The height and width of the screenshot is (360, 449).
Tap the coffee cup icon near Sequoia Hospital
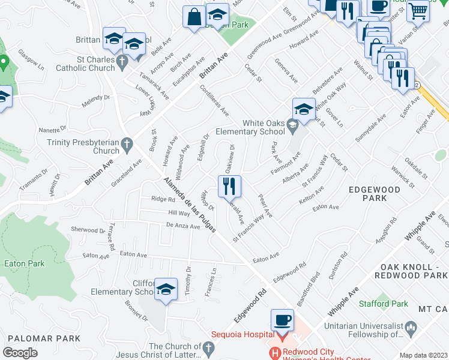pyautogui.click(x=282, y=319)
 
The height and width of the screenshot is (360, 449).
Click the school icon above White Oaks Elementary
pyautogui.click(x=304, y=109)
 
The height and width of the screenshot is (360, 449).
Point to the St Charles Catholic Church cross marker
pyautogui.click(x=121, y=61)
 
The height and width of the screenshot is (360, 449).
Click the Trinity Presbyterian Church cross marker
pyautogui.click(x=126, y=143)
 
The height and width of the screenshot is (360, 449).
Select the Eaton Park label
pyautogui.click(x=24, y=263)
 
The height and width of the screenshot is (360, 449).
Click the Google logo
pyautogui.click(x=20, y=352)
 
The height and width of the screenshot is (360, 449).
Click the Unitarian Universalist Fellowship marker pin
pyautogui.click(x=411, y=327)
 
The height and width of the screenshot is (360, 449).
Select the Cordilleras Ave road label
pyautogui.click(x=214, y=100)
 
